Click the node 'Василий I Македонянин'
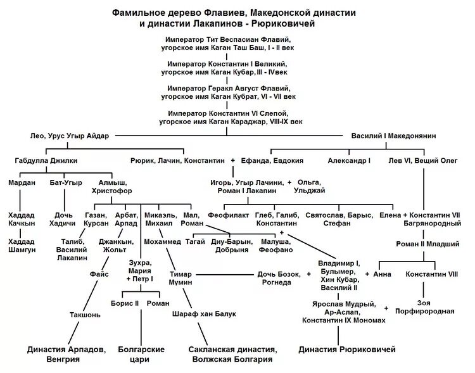click(393, 136)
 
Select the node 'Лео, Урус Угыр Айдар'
click(70, 136)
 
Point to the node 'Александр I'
click(350, 161)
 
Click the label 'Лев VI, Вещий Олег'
click(422, 161)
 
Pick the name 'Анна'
click(383, 274)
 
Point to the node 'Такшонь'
click(84, 315)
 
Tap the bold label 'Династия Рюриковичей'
click(347, 349)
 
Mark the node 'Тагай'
click(195, 241)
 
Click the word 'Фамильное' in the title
click(138, 13)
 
